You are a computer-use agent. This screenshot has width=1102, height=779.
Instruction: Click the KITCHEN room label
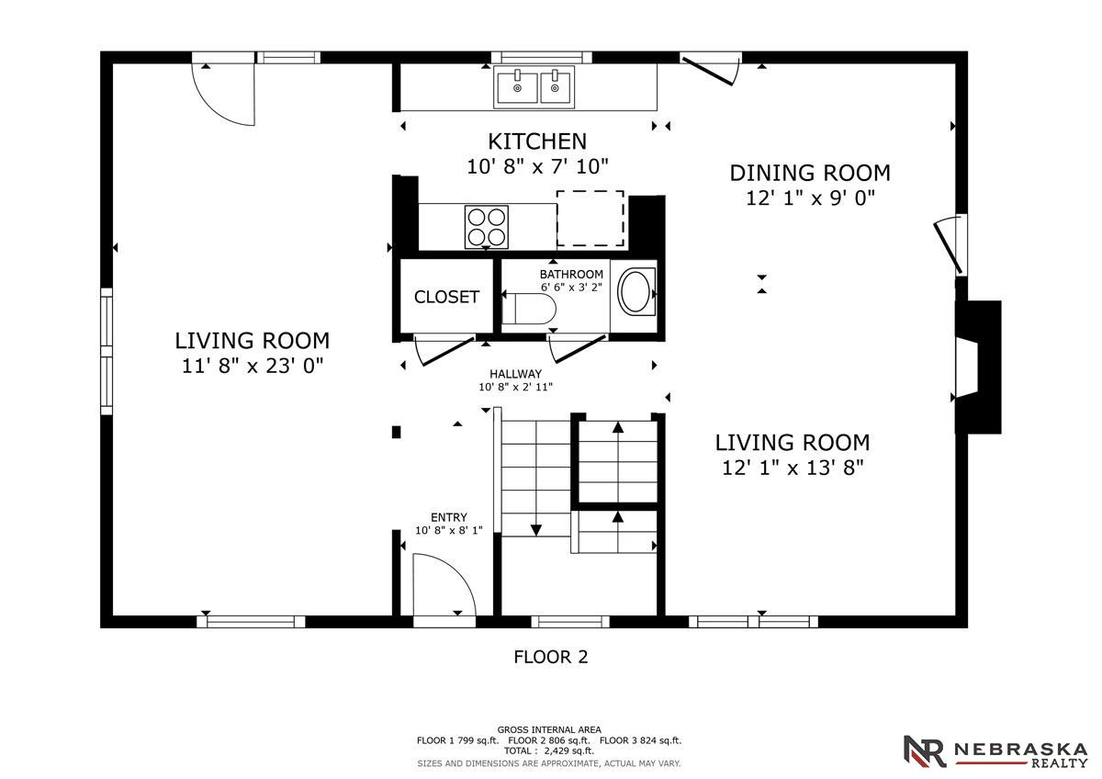click(536, 141)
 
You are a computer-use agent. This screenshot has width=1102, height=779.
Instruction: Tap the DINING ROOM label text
click(809, 173)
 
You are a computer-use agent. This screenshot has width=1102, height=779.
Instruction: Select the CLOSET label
click(446, 297)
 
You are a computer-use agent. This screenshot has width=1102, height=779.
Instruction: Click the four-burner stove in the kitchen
click(487, 226)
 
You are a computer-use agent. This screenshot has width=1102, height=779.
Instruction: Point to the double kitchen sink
click(537, 87)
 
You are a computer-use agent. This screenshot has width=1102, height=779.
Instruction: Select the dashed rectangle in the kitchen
click(590, 219)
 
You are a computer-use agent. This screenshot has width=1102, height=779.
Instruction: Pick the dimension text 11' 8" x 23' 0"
click(252, 366)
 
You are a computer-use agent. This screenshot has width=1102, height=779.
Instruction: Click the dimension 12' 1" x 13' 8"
click(793, 468)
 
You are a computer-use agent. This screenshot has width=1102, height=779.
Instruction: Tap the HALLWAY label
click(514, 374)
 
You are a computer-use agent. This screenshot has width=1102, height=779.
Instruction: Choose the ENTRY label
click(448, 517)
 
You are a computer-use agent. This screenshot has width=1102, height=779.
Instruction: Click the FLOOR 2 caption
click(550, 657)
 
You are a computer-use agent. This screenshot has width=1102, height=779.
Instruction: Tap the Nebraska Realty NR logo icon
click(924, 751)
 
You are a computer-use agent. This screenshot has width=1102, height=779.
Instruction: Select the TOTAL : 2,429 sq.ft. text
click(549, 751)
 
